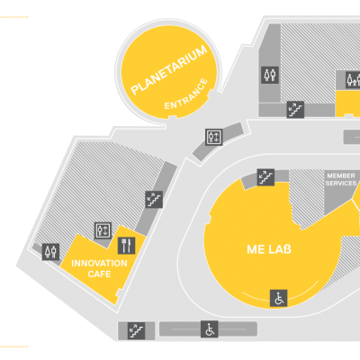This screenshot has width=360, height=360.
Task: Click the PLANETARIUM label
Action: [169, 70]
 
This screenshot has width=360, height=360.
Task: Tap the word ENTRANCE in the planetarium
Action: [186, 94]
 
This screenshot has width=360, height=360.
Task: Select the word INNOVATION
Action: [99, 264]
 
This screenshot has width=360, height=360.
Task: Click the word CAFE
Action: [99, 274]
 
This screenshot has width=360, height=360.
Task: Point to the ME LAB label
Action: [269, 249]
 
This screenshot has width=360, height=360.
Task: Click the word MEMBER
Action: [341, 175]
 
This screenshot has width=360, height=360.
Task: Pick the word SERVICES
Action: [341, 183]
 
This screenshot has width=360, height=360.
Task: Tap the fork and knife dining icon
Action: [126, 246]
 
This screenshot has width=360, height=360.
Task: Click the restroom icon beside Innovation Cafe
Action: [50, 252]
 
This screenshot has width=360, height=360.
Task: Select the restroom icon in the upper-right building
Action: [270, 75]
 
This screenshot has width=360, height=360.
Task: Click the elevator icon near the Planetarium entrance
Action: [214, 137]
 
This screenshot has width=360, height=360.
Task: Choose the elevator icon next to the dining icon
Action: [103, 230]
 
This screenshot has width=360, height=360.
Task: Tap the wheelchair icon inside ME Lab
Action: [279, 298]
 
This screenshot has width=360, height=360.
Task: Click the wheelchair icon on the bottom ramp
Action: [210, 329]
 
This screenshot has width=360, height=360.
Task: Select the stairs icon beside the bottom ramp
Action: [137, 330]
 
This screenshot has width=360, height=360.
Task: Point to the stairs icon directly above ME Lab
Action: [265, 177]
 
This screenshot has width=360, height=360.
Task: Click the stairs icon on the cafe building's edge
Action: [154, 199]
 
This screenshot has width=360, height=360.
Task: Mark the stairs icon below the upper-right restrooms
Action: [295, 110]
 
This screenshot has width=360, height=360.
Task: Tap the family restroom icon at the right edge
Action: [353, 80]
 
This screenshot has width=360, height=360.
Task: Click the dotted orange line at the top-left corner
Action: [14, 17]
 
